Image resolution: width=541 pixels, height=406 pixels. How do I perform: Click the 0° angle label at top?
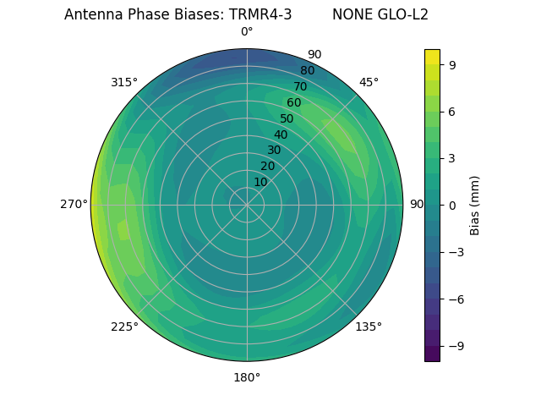247,32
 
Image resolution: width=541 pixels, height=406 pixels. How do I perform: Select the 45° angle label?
369,82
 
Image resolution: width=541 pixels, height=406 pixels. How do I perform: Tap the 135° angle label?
369,326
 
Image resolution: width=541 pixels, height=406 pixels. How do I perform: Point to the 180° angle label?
247,377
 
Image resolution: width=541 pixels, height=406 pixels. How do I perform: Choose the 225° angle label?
124,326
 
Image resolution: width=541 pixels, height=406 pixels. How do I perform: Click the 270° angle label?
74,205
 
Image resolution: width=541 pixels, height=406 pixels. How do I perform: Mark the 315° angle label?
124,82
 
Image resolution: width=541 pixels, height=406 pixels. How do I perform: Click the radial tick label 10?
260,182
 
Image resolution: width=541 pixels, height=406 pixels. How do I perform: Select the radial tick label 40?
281,134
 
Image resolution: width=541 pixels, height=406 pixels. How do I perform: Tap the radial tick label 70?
300,86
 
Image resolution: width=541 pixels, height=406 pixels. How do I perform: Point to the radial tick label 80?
307,70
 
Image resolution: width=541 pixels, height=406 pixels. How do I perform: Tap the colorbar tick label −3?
454,252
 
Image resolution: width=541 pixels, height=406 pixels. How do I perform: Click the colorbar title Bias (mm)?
475,205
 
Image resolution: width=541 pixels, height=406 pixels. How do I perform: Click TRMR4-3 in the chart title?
260,14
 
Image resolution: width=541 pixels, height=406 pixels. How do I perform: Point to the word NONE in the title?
349,14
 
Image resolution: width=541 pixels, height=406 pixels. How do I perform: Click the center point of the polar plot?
247,205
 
